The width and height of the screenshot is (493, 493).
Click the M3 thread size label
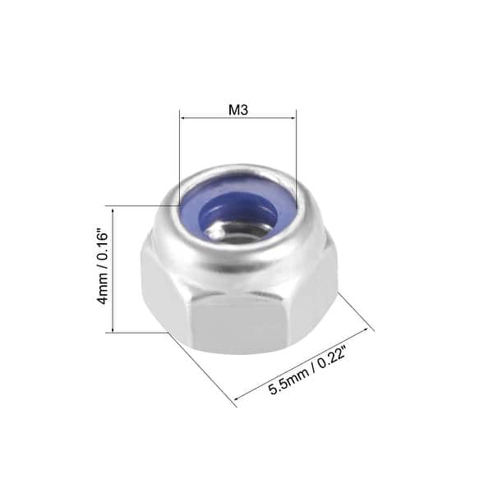click(x=237, y=110)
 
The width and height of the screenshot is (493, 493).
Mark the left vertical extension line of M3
click(x=179, y=156)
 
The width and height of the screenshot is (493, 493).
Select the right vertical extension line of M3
click(x=296, y=148)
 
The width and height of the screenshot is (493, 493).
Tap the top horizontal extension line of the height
click(x=140, y=205)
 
